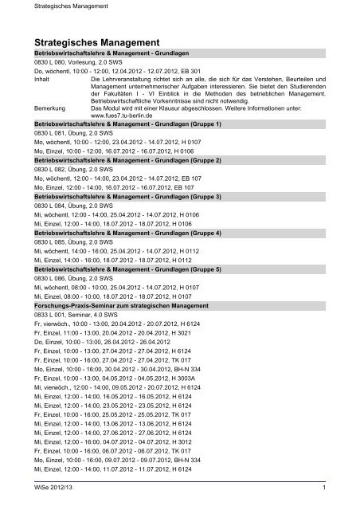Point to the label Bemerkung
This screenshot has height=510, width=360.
pyautogui.click(x=52, y=108)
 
